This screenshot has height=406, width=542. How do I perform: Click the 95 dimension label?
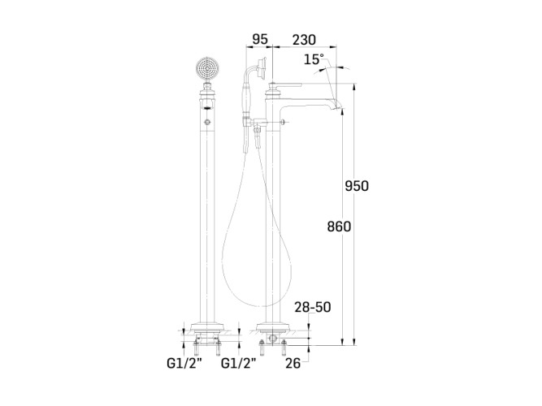(259, 40)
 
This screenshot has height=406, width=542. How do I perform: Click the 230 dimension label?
(304, 40)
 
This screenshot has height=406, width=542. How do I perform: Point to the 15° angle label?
(314, 59)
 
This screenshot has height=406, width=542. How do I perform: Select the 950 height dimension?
(357, 186)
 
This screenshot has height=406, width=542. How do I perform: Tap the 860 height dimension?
(339, 227)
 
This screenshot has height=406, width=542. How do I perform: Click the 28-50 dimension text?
(313, 307)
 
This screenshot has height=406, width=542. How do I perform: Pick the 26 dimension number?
(293, 363)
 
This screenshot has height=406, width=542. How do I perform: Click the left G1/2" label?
(184, 363)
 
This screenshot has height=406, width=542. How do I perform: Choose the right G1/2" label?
(239, 363)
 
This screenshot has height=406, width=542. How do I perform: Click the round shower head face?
(207, 67)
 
